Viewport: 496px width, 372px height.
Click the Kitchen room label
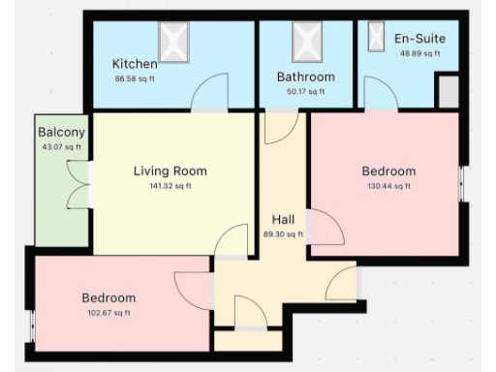click(135, 65)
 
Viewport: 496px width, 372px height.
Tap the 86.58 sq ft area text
click(135, 79)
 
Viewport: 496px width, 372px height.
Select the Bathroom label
click(305, 77)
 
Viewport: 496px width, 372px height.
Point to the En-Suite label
click(419, 39)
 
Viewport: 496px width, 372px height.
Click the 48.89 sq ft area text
click(419, 53)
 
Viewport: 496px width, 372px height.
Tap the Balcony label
click(61, 132)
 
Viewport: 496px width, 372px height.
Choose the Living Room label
click(170, 171)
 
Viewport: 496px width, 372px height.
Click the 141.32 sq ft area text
click(170, 186)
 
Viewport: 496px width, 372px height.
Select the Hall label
click(283, 219)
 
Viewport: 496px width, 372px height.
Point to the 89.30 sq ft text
click(283, 233)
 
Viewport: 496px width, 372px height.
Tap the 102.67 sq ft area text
click(108, 313)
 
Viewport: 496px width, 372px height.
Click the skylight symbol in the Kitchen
click(174, 42)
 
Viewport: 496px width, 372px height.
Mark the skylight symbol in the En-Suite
click(375, 35)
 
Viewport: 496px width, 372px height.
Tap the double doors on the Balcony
click(75, 183)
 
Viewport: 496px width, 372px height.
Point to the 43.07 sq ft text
click(61, 147)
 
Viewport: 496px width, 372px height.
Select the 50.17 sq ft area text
click(305, 92)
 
